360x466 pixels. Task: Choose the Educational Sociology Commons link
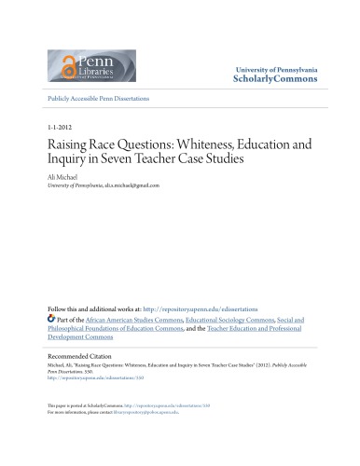(224, 319)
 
